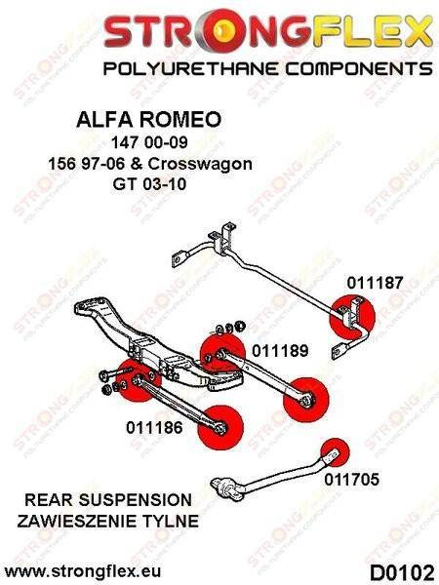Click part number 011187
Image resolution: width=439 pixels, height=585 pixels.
pos(375,283)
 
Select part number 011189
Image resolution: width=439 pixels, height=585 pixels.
pos(280,351)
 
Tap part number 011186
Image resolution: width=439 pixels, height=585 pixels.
pos(154,428)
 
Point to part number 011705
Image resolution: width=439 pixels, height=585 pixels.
pos(351,480)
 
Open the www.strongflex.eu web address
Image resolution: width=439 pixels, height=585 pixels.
pos(83,571)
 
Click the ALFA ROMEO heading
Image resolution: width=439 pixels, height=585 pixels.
pos(149,120)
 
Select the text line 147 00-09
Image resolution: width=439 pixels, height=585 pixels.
pos(149,142)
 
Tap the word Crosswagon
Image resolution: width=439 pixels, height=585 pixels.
pos(200,164)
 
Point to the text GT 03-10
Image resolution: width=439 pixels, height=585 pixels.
pos(149,184)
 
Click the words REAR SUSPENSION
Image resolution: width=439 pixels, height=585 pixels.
pos(108,500)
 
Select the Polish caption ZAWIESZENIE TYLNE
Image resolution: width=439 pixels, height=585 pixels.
pos(108,522)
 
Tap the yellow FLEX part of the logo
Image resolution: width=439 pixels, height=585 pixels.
pos(374,31)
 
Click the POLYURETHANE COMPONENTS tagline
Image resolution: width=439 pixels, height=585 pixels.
pos(267,69)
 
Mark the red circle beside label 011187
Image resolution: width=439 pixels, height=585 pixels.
pos(352,317)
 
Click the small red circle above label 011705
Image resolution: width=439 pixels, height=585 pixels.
pos(335,452)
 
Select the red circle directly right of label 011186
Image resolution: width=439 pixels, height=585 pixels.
pos(220,428)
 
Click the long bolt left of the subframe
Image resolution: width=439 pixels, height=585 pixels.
pos(115,372)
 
